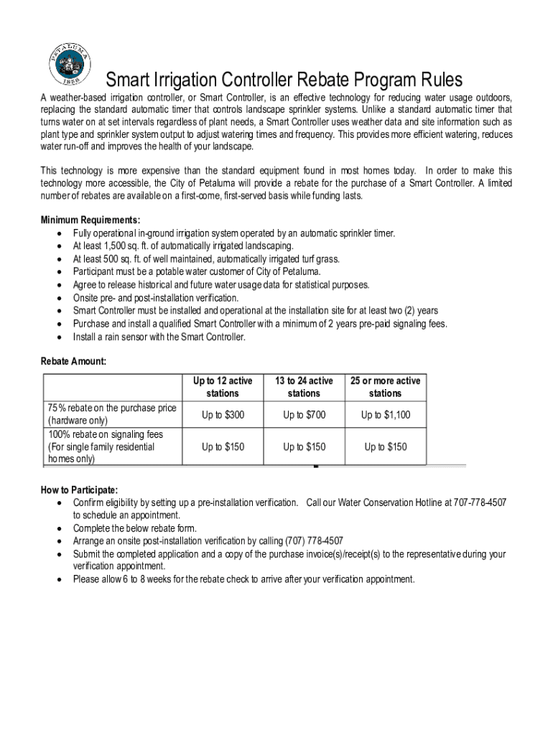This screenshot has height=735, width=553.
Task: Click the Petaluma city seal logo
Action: coord(70,65)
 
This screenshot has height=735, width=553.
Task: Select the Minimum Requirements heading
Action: coord(90,220)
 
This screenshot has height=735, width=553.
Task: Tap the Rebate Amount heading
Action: coord(73,362)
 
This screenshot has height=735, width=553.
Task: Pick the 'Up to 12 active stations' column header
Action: coord(223,387)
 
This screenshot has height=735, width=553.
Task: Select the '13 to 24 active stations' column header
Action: coord(304,387)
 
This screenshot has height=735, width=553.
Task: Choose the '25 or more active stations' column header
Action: coord(385,387)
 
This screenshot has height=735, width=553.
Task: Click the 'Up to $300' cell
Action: coord(223,415)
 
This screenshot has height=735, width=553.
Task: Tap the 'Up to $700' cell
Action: coord(304,415)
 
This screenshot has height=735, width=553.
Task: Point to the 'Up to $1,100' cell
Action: coord(385,415)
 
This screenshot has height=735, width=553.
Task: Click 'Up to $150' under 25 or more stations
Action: coord(385,447)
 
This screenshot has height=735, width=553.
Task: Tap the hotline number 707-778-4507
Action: coord(480,502)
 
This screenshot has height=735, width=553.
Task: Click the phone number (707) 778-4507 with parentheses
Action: coord(314,541)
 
